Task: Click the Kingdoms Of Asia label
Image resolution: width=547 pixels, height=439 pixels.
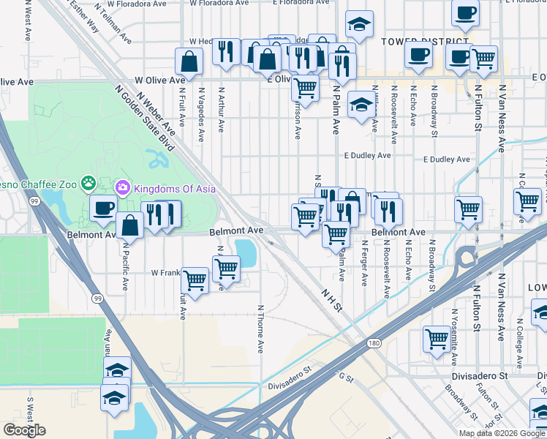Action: [x=174, y=189]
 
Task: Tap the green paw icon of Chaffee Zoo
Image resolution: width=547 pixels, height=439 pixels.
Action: [x=88, y=182]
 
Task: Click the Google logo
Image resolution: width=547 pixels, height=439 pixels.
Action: [x=24, y=430]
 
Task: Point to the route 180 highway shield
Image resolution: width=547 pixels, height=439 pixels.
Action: [x=374, y=342]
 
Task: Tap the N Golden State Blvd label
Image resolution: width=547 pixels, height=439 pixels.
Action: [x=144, y=117]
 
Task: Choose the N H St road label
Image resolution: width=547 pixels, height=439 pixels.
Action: [x=332, y=300]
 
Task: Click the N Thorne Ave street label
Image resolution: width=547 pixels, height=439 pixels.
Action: [x=260, y=329]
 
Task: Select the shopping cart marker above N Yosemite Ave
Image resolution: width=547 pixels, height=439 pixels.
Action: [x=437, y=338]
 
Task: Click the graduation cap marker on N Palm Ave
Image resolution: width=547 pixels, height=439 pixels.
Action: [x=361, y=104]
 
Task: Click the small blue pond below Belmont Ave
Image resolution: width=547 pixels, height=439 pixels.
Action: [x=246, y=252]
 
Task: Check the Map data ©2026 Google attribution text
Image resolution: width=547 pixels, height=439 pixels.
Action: [x=502, y=433]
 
